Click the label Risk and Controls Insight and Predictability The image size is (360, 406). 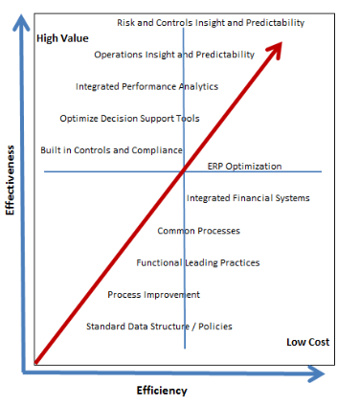[211, 22]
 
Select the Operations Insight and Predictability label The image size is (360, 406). [174, 55]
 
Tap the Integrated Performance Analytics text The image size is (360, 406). [146, 86]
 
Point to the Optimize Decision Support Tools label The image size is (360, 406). [129, 119]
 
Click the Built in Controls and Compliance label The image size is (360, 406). [111, 150]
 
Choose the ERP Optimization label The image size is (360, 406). [245, 166]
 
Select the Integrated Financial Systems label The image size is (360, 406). [248, 198]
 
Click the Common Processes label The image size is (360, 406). [198, 231]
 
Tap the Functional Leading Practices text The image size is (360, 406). [198, 262]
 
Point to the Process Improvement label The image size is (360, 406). [153, 294]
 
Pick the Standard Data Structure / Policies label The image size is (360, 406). [159, 327]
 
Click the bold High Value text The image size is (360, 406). [62, 38]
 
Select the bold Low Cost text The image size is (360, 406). [307, 342]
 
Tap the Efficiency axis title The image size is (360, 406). [162, 390]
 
